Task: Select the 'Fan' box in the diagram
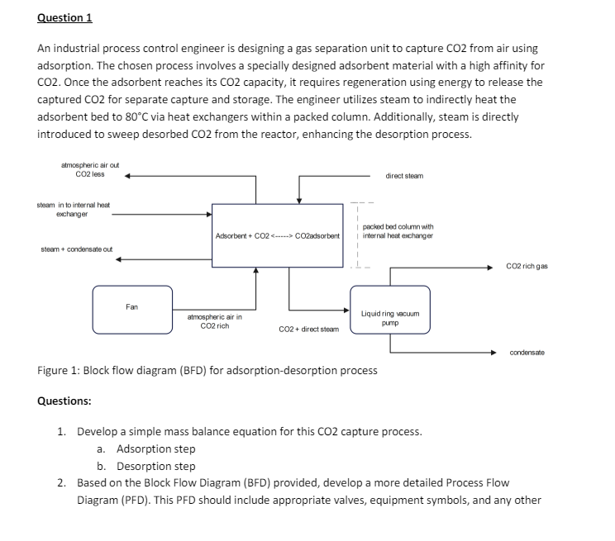132,308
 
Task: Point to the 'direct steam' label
404,176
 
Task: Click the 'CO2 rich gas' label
527,267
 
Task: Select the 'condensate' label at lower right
527,353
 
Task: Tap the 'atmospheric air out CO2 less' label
90,169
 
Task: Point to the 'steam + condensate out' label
77,249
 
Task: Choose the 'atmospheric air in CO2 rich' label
215,321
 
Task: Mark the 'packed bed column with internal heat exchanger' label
398,230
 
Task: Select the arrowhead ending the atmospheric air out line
129,175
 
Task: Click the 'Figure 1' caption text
207,370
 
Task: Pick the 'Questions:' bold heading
64,401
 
